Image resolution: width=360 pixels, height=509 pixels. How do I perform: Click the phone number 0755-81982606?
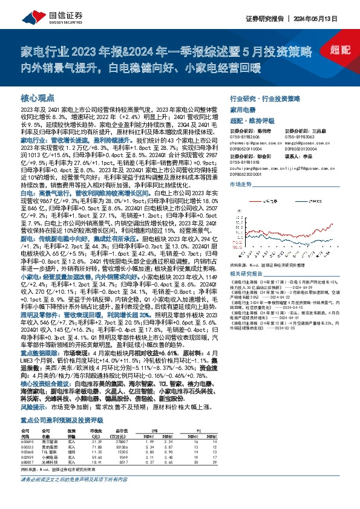(244, 137)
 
